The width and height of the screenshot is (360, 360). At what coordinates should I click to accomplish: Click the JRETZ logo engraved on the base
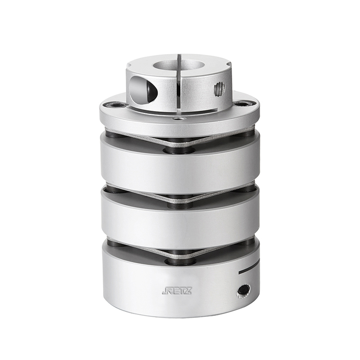(x=177, y=291)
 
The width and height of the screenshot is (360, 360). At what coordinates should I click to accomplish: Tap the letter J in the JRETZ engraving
(x=164, y=291)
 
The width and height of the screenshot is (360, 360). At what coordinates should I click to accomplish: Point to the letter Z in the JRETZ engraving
(x=188, y=291)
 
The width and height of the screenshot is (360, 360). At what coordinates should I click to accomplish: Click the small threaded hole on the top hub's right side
(x=220, y=90)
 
